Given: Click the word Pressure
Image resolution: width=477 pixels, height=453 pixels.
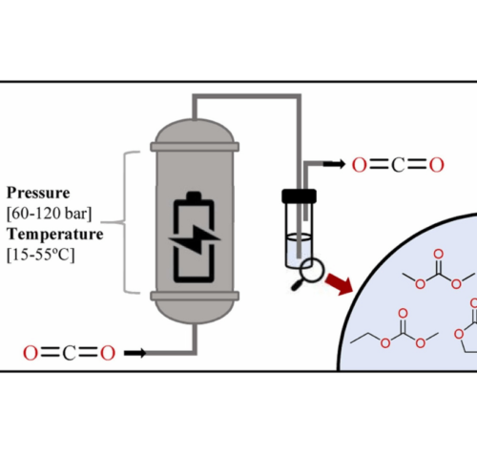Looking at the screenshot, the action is click(x=38, y=193).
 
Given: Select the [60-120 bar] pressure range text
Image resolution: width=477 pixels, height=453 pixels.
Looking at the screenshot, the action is click(x=50, y=214).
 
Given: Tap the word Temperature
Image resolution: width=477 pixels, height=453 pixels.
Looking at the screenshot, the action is click(x=55, y=235).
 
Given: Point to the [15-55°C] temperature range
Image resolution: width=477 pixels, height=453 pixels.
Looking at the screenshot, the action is click(x=41, y=255).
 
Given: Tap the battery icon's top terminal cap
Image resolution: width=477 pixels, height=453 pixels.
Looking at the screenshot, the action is click(x=194, y=196).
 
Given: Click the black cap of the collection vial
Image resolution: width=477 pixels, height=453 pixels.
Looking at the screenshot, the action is click(x=299, y=196).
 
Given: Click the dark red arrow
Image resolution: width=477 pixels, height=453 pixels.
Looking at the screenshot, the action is click(x=340, y=283).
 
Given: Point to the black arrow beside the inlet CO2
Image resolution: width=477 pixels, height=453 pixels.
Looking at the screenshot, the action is click(x=135, y=353).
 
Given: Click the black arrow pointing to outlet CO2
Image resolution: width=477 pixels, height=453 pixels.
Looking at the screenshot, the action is click(x=334, y=164).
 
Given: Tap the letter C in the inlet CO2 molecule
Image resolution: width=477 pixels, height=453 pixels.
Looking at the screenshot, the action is click(x=69, y=353).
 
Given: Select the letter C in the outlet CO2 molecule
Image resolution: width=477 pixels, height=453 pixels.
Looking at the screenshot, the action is click(x=398, y=165).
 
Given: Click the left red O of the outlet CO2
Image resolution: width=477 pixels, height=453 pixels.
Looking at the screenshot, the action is click(x=360, y=165).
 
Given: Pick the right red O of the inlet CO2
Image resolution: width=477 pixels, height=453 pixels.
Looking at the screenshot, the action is click(x=108, y=353).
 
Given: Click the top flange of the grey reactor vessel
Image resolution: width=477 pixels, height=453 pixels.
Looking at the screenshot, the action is click(x=195, y=147).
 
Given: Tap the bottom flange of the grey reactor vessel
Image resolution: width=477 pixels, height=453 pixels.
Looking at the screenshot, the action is click(x=195, y=297).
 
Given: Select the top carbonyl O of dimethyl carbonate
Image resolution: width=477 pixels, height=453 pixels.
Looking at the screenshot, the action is click(x=439, y=254).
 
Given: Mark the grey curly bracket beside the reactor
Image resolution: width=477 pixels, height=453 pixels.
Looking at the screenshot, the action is click(x=125, y=221).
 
